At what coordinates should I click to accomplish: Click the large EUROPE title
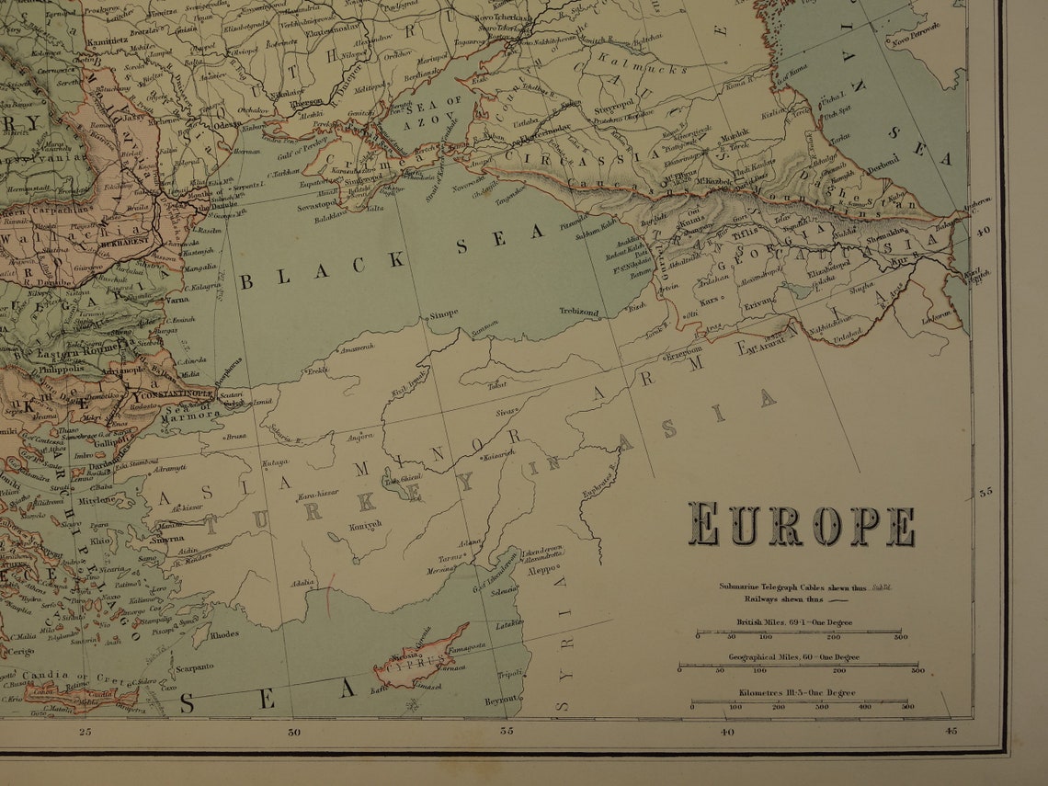coord(802,526)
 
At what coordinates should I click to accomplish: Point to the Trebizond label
coord(578,313)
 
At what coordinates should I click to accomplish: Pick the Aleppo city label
coord(541,570)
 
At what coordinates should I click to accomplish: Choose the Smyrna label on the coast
coord(166,539)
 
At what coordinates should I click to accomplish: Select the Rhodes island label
coord(223,634)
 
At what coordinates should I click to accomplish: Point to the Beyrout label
coord(502,701)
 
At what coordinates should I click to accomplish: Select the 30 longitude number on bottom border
coord(294,733)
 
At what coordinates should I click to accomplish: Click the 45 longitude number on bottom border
coord(951,732)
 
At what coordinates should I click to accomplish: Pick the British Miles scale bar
coord(798,632)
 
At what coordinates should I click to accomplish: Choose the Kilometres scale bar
coord(801,703)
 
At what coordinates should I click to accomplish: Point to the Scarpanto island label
coord(195,667)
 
